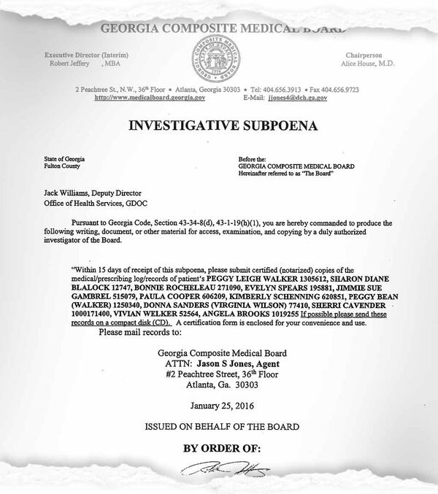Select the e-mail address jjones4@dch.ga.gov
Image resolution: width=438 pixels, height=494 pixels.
pyautogui.click(x=298, y=97)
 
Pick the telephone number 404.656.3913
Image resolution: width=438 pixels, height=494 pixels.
pyautogui.click(x=279, y=88)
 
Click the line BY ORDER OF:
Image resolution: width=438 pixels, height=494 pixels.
pyautogui.click(x=220, y=448)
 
